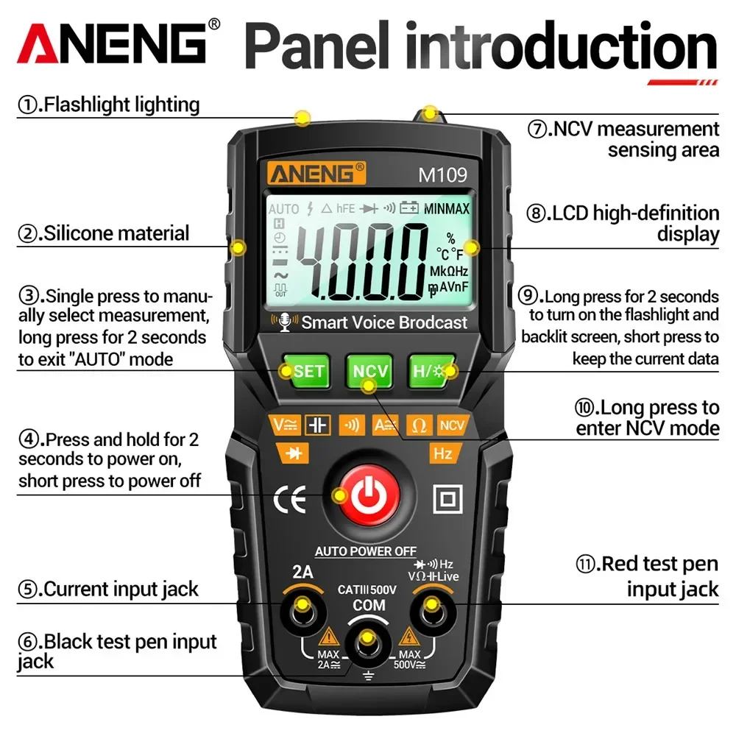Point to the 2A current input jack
[x=302, y=609]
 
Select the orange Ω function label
[x=420, y=425]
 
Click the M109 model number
[x=443, y=174]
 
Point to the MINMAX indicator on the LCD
[x=446, y=208]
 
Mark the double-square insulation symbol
[x=447, y=499]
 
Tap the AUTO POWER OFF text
[x=366, y=551]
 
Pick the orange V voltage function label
[x=285, y=425]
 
